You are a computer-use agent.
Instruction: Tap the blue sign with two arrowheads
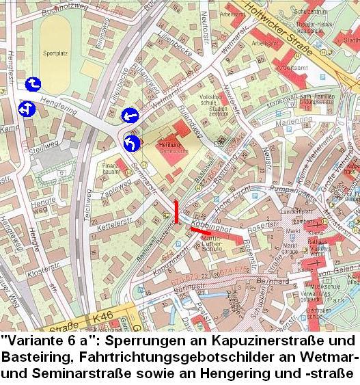click(x=27, y=109)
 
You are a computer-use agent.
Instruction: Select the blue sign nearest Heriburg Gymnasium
click(x=132, y=144)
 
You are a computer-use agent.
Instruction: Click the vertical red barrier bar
click(x=178, y=212)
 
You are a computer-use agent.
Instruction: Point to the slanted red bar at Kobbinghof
click(x=200, y=231)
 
